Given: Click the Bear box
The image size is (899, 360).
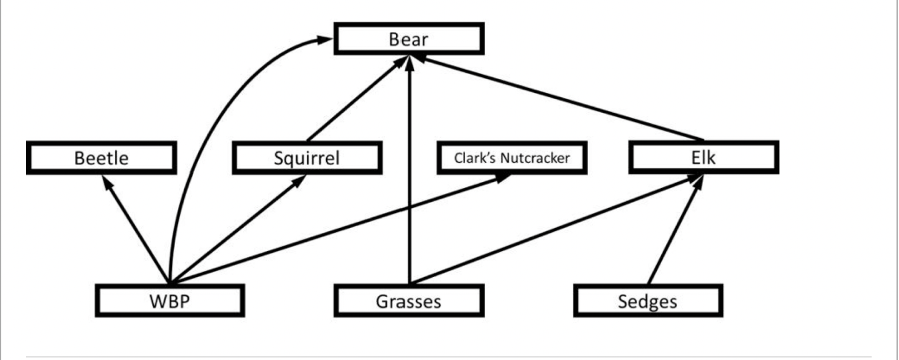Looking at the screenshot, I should [408, 39].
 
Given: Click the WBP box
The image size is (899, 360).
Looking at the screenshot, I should [169, 301].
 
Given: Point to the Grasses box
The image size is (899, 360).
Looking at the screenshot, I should [408, 301].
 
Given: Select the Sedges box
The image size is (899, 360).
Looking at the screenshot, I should [647, 301].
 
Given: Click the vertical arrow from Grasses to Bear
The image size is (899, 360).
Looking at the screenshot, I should [408, 187].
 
